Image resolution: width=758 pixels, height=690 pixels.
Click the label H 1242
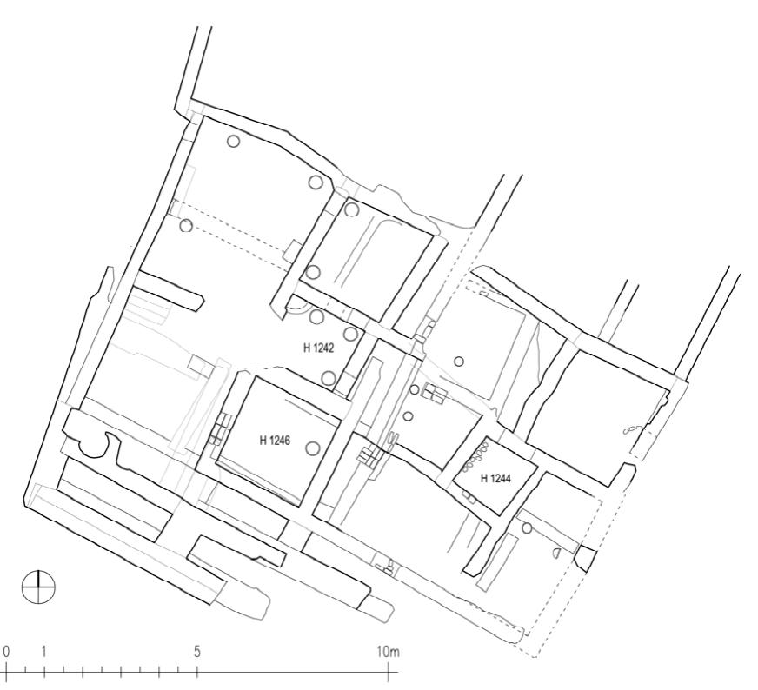[x=318, y=348]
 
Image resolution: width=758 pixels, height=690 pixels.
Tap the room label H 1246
[x=276, y=441]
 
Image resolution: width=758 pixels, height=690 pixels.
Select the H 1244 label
[x=495, y=478]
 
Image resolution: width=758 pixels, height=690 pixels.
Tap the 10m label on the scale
[x=388, y=652]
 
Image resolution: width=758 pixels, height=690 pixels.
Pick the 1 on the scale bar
[x=43, y=652]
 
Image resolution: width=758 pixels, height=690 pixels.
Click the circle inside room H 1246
[x=313, y=448]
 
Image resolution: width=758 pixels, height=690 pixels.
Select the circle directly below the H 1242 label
[x=329, y=378]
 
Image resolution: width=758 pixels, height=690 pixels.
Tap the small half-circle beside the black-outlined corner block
[x=555, y=554]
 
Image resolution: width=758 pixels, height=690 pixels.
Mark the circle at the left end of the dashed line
[x=186, y=226]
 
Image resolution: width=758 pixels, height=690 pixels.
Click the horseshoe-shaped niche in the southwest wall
[x=93, y=446]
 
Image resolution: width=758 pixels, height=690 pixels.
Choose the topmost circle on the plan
[x=233, y=142]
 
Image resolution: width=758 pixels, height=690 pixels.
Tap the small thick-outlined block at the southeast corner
[x=586, y=559]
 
